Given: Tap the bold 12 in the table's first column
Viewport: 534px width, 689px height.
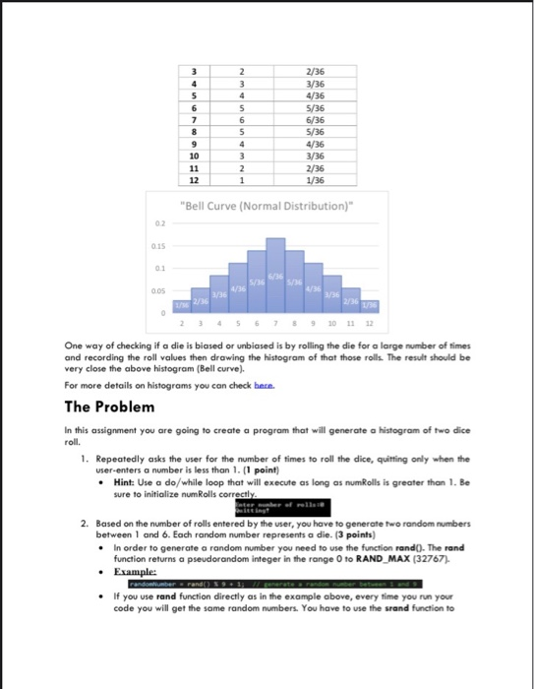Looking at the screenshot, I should pos(195,181).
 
